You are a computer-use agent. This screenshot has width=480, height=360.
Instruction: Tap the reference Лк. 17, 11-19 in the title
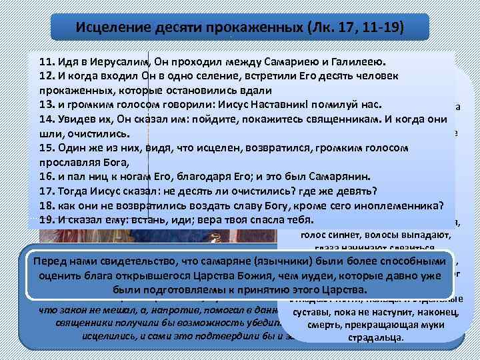(363, 27)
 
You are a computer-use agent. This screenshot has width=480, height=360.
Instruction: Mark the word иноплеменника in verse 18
(396, 205)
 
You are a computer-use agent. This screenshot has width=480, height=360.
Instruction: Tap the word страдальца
(376, 337)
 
